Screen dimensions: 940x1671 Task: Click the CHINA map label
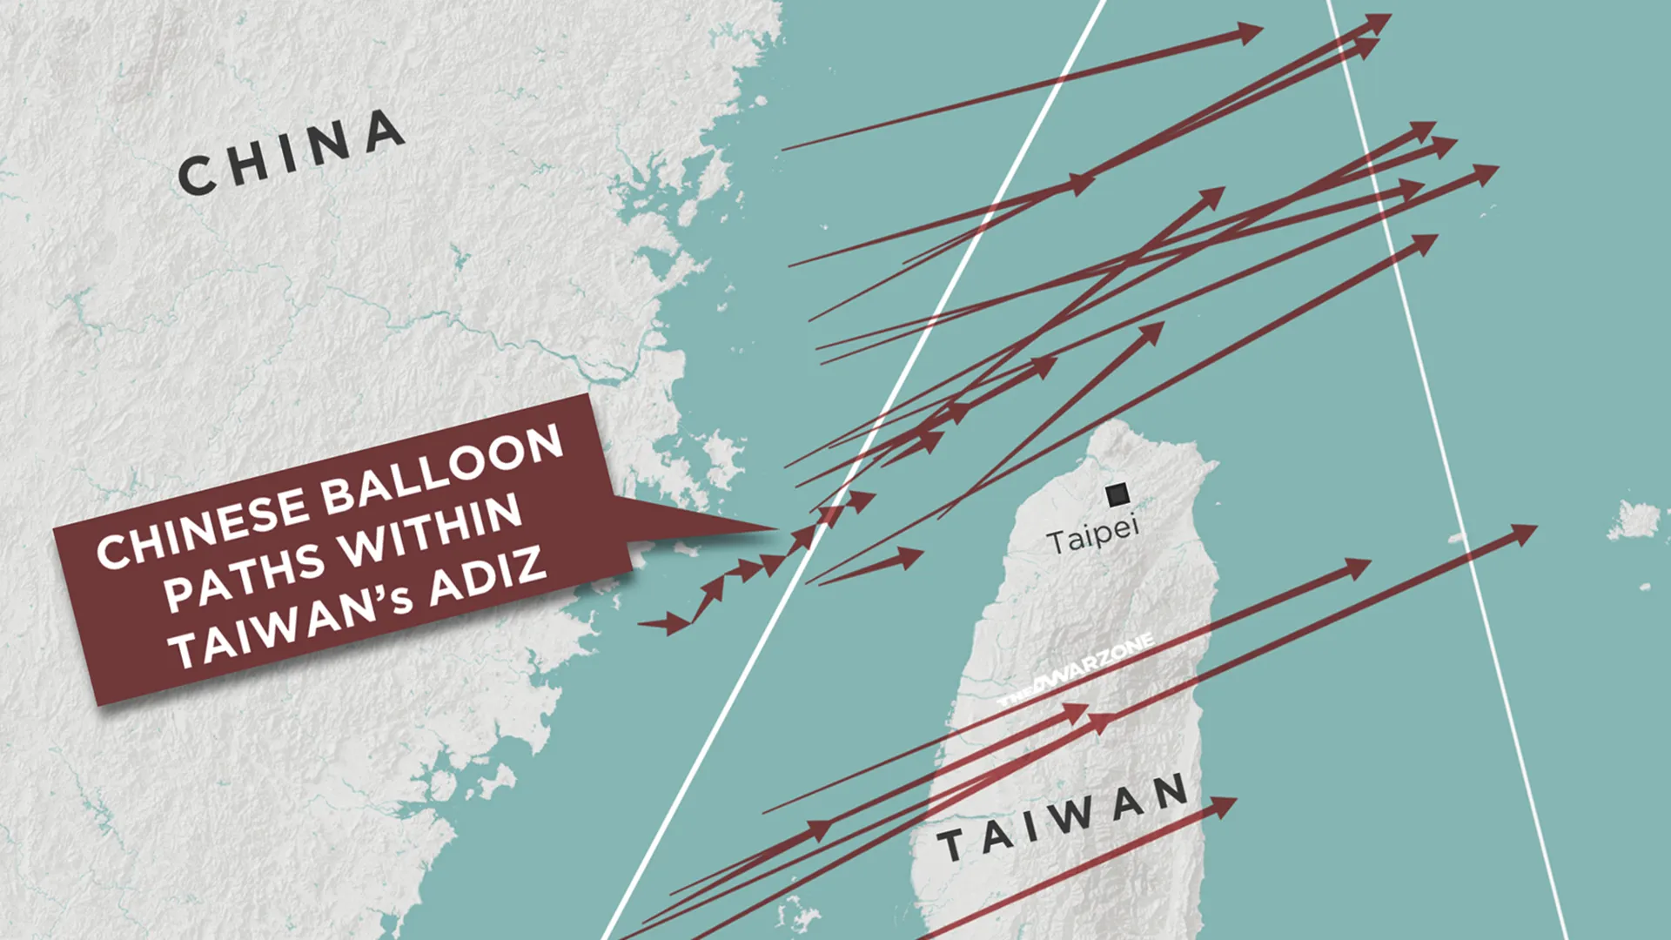(x=292, y=152)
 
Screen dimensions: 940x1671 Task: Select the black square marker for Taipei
(x=1117, y=495)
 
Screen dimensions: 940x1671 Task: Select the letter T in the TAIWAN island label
(x=950, y=845)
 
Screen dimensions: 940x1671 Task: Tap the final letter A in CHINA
(x=384, y=133)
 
